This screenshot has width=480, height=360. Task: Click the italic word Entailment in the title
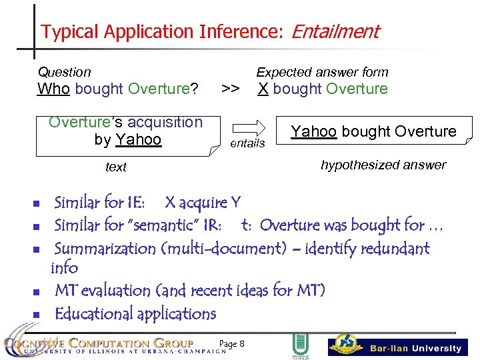point(335,31)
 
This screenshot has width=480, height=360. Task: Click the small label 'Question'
point(64,72)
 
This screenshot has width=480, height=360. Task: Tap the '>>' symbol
point(231,89)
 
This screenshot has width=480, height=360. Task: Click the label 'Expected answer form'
point(322,72)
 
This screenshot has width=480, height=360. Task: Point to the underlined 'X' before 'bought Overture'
point(263,89)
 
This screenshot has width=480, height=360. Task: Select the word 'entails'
point(247,143)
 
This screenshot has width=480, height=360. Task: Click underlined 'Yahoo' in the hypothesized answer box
point(313,131)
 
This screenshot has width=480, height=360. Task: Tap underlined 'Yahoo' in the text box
point(138,139)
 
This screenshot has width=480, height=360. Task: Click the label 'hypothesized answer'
point(383,165)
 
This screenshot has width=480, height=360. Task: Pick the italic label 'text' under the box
point(116,167)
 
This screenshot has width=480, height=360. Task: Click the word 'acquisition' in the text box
point(164,122)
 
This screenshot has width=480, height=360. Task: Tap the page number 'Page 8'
point(232,343)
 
